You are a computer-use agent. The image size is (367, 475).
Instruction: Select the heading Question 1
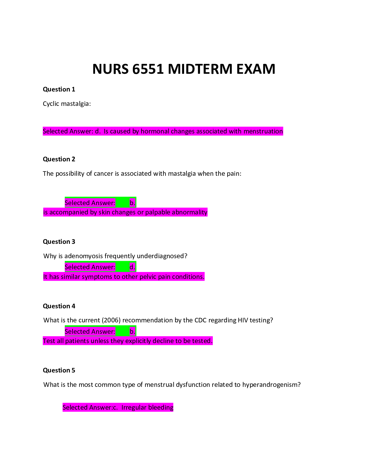[x=59, y=89]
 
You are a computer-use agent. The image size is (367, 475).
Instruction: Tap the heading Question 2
[x=59, y=159]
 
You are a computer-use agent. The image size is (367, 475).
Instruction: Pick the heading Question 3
[x=59, y=242]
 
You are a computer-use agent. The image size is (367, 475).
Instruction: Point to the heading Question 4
[x=59, y=306]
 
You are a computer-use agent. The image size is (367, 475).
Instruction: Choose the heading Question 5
[x=59, y=370]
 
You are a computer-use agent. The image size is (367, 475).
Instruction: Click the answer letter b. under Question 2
[x=132, y=203]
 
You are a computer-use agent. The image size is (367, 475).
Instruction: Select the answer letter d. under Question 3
[x=132, y=267]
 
